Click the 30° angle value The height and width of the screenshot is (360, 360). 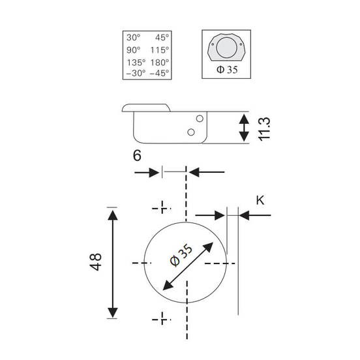coord(134,37)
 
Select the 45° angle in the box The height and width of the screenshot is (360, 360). coord(162,37)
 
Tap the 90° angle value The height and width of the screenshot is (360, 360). coord(134,50)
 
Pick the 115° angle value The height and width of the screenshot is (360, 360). coord(160,50)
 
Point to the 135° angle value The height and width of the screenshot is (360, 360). coord(136,63)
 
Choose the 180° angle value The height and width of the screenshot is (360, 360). coord(160,63)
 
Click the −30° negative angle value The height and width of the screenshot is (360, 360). coord(136,73)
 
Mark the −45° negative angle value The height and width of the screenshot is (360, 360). coord(159,73)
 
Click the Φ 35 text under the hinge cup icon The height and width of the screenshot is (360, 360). coord(227,70)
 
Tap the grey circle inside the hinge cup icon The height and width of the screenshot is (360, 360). coord(226,48)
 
